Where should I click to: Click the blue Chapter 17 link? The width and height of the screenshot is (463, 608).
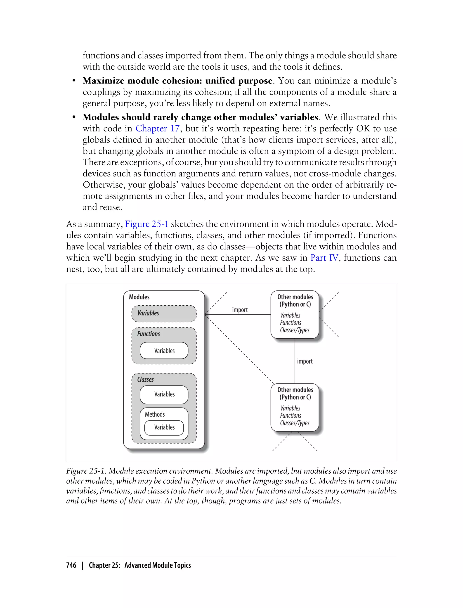(157, 128)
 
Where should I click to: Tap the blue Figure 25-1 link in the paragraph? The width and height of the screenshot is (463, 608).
(147, 224)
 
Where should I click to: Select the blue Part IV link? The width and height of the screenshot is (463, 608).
(324, 258)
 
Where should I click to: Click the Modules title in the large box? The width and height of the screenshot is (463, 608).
(139, 297)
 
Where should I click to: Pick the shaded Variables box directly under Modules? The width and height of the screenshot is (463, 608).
(164, 313)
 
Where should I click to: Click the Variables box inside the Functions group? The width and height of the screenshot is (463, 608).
(164, 351)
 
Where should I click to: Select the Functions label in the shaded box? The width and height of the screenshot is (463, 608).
(149, 334)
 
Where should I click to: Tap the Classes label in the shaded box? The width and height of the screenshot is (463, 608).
(146, 379)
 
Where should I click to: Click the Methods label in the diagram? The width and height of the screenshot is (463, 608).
(155, 414)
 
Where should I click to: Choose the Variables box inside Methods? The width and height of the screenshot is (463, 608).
(164, 427)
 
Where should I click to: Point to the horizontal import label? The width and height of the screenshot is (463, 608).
(240, 310)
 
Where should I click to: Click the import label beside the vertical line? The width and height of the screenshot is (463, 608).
(305, 361)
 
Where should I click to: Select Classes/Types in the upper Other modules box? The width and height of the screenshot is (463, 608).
(295, 330)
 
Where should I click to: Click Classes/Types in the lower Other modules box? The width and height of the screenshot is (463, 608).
(295, 423)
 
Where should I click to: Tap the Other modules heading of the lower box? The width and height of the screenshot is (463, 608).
(295, 390)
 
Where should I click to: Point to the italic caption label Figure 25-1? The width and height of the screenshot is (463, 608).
(86, 471)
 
